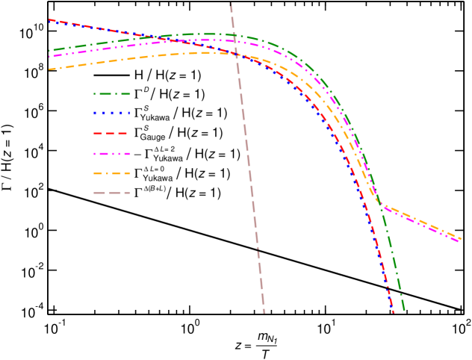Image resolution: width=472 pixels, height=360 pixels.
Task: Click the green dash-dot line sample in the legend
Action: (x=112, y=94)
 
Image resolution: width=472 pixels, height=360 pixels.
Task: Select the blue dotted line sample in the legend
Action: (x=112, y=114)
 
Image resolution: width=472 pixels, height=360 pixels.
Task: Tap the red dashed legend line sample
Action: (x=112, y=133)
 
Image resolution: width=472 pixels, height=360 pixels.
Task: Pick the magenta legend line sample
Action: (x=112, y=153)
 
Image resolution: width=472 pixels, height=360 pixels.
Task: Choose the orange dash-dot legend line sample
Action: (x=112, y=173)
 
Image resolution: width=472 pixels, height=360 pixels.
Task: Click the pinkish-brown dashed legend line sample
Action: (x=112, y=193)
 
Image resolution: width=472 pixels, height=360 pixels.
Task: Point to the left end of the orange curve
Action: (x=49, y=69)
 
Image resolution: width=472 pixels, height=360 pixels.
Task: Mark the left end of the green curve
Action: (x=49, y=51)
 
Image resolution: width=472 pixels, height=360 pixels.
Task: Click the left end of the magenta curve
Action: (x=49, y=57)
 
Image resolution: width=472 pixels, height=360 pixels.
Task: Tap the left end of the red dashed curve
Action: (x=49, y=20)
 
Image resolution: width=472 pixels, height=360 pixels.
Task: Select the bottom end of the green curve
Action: (x=404, y=309)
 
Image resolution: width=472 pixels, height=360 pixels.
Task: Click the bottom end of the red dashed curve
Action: (x=393, y=312)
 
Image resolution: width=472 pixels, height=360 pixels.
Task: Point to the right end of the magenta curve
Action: (x=459, y=241)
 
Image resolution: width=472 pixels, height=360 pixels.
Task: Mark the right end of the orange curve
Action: (x=462, y=238)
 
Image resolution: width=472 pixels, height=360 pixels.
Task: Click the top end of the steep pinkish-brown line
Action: (x=231, y=3)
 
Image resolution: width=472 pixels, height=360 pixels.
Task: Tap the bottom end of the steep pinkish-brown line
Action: (x=264, y=312)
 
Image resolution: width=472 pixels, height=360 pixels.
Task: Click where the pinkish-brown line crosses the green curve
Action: (x=234, y=35)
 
